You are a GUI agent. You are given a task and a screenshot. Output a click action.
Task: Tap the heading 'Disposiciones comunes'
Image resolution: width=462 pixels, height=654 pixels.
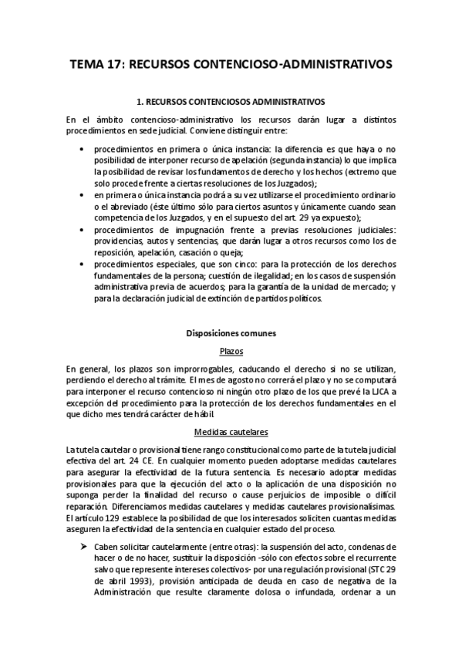click(x=231, y=334)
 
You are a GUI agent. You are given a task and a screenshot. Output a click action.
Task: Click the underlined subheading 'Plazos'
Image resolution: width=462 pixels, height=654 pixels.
click(x=231, y=352)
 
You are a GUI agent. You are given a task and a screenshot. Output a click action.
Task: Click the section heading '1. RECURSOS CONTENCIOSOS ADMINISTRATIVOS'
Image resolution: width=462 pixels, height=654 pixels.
click(x=231, y=101)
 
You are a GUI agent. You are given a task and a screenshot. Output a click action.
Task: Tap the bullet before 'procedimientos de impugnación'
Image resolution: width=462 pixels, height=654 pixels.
click(x=83, y=231)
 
